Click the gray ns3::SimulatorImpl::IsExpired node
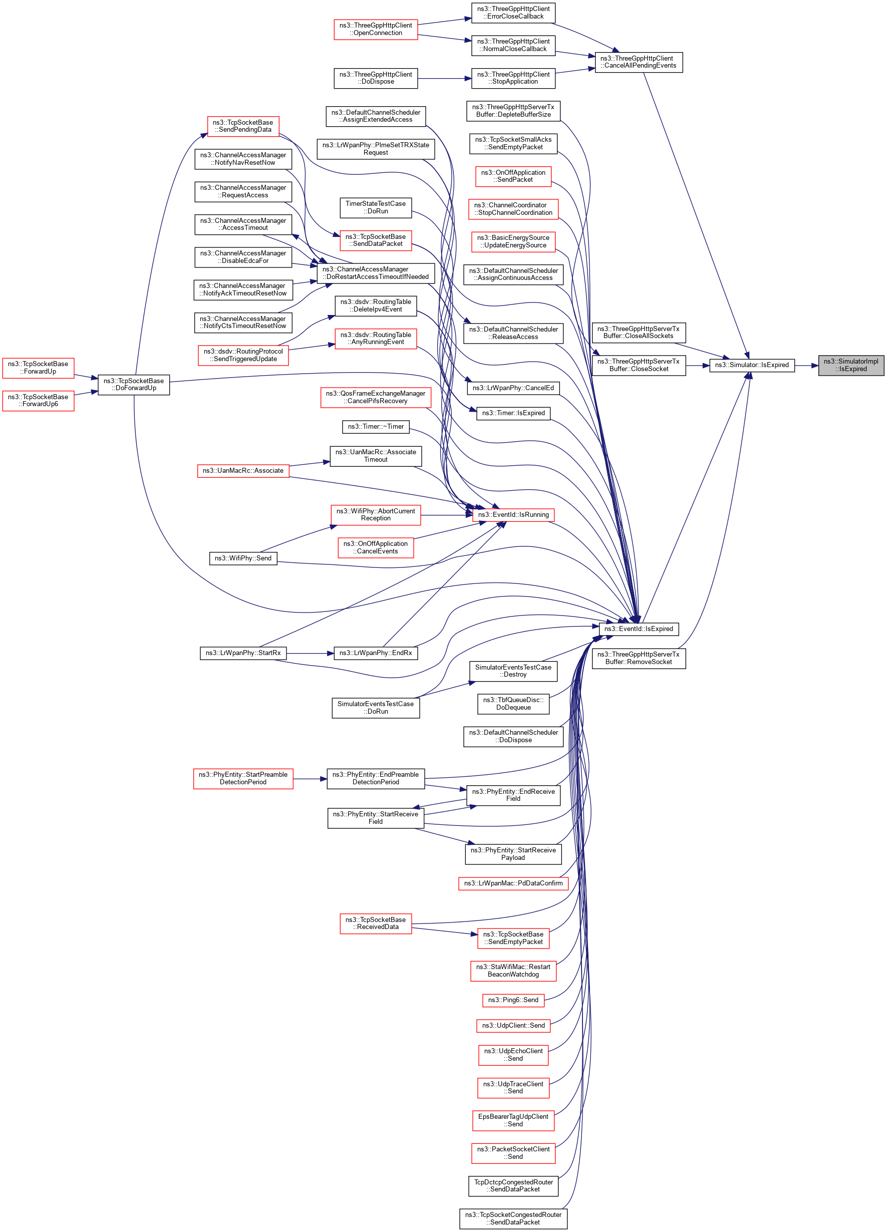[850, 365]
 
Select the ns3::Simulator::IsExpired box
[751, 365]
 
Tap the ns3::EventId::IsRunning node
[513, 514]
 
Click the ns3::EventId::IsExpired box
[638, 629]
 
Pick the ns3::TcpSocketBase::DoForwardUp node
[134, 385]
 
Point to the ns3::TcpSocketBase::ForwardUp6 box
[38, 400]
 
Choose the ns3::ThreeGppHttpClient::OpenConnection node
[375, 30]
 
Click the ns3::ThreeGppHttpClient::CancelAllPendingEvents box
[638, 62]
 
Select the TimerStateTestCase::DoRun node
[375, 207]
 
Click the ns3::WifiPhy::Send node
[243, 558]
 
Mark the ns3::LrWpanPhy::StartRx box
[243, 653]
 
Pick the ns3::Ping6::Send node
[513, 1000]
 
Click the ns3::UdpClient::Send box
[513, 1025]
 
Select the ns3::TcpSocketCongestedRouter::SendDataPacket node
[513, 1218]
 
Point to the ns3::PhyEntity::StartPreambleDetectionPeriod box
[243, 778]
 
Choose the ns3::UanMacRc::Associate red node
[243, 470]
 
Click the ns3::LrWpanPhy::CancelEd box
[513, 388]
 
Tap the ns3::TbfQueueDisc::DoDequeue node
[513, 704]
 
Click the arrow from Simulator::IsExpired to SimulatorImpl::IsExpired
[806, 366]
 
